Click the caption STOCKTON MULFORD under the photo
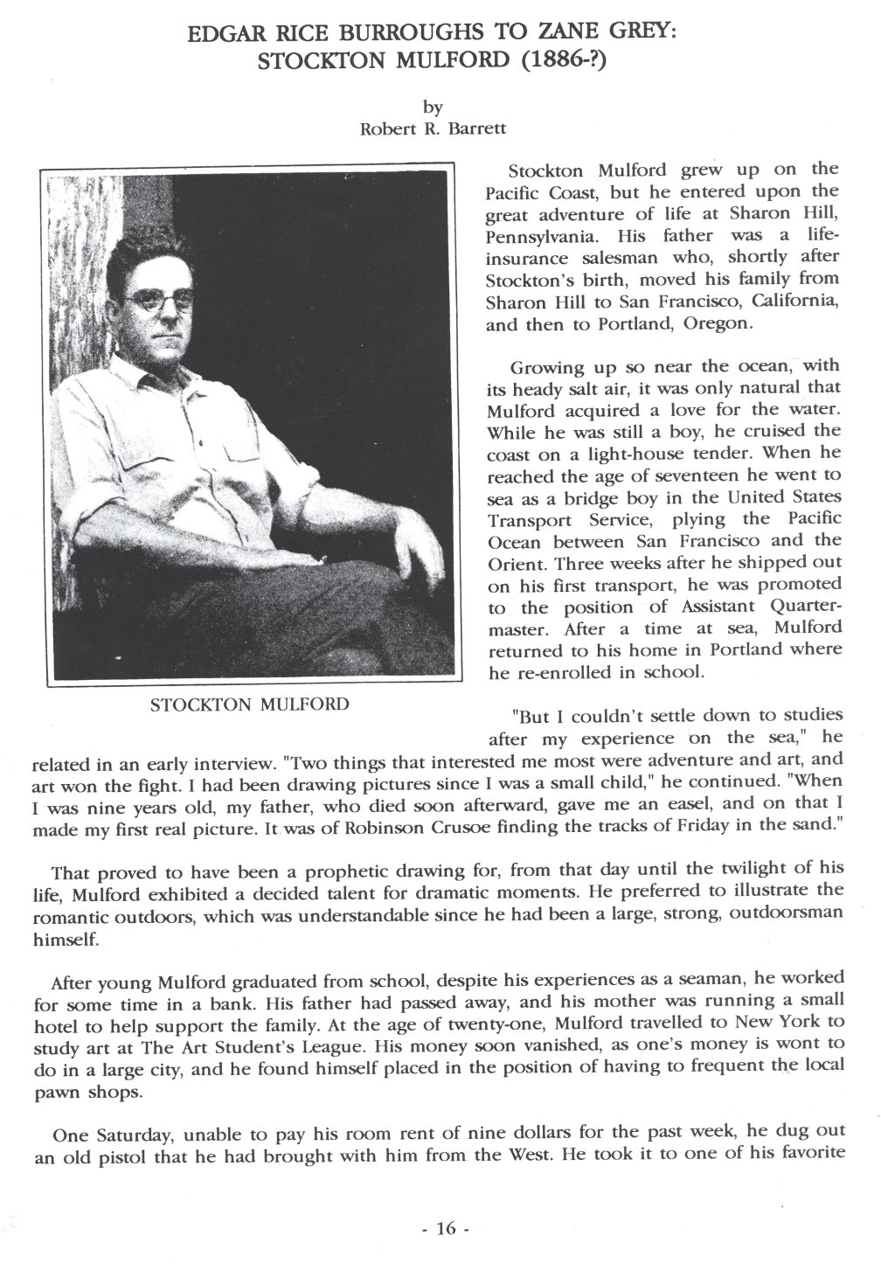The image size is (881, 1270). point(250,704)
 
